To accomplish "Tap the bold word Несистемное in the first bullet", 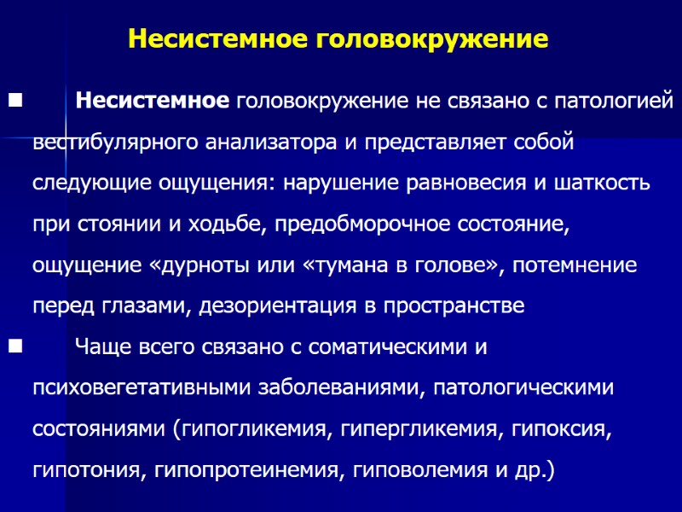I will [152, 102].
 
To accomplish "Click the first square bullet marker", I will [14, 102].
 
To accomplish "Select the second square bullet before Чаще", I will [14, 346].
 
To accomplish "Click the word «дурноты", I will [204, 265].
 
